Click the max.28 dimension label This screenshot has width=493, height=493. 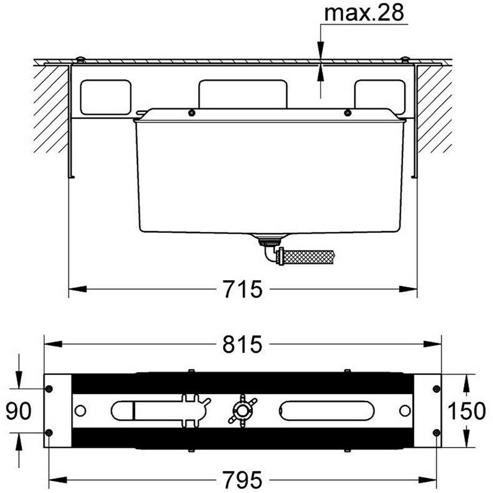(364, 13)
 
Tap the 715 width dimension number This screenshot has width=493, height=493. (243, 289)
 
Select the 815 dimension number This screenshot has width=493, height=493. (242, 344)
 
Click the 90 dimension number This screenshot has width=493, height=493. (19, 411)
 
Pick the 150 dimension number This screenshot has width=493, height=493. (466, 411)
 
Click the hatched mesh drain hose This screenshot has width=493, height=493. (309, 257)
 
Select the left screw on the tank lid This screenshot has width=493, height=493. (191, 113)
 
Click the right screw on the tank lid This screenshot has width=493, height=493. (347, 113)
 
